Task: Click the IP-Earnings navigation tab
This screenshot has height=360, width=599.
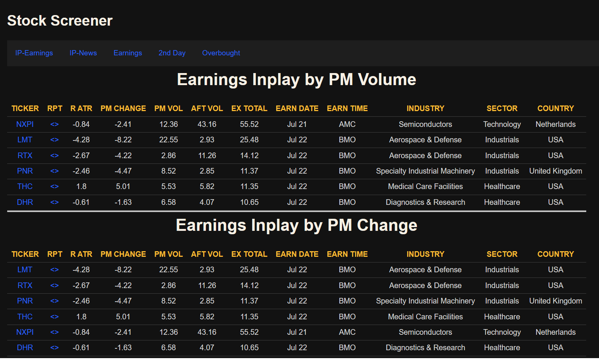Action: tap(34, 53)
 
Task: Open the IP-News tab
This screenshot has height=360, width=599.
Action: tap(83, 53)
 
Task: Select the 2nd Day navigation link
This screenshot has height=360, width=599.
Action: tap(172, 53)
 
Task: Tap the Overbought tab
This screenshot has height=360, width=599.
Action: tap(221, 53)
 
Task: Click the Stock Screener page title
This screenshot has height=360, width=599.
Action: tap(60, 21)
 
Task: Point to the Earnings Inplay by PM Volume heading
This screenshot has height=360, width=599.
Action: tap(296, 79)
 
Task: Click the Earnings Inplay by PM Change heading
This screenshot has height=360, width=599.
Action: tap(296, 225)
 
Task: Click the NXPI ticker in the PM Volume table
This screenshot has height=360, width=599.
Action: tap(25, 124)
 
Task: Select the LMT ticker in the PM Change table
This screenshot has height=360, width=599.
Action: tap(25, 270)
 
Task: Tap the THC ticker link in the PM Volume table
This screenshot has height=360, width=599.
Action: tap(25, 186)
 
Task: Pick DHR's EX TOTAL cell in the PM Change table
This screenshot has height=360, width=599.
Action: tap(249, 348)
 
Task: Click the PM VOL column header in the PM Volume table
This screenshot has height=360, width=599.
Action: tap(168, 108)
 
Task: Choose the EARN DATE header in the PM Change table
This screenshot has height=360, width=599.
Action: tap(297, 254)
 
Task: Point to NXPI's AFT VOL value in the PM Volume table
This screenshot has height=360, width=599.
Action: tap(207, 124)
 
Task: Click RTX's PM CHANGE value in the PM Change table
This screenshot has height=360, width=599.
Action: tap(123, 285)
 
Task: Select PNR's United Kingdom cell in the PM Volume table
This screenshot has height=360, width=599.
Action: tap(555, 171)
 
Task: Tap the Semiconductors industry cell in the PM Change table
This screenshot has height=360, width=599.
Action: tap(425, 332)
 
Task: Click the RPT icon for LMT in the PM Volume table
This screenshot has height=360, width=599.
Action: tap(55, 140)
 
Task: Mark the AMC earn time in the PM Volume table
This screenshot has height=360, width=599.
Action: tap(347, 124)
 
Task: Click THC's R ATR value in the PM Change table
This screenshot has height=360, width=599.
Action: tap(81, 317)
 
